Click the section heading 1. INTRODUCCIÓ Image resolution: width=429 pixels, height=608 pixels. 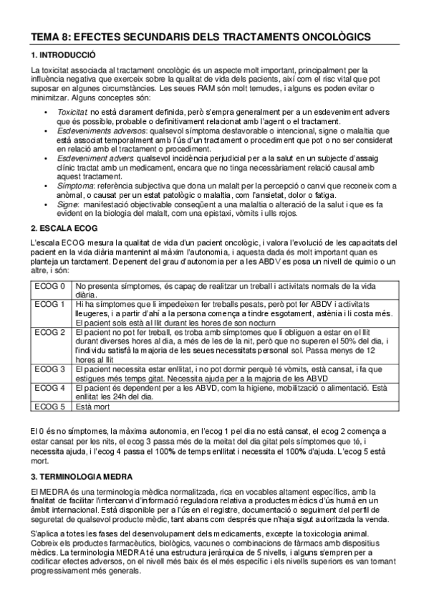[x=63, y=55]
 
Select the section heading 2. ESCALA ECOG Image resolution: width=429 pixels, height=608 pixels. [x=64, y=228]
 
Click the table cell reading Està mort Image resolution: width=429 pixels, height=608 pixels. [x=94, y=407]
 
